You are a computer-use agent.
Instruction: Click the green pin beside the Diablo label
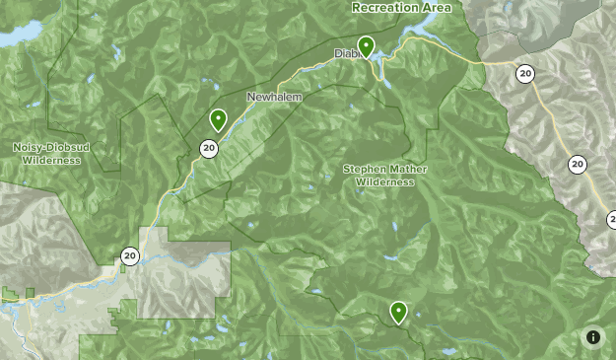tap(366, 45)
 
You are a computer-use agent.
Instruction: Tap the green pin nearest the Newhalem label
tap(218, 119)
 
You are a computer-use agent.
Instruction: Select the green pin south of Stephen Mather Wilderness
tap(398, 312)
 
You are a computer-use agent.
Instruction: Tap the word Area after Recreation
tap(435, 8)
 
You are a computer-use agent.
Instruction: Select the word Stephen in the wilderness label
tap(363, 169)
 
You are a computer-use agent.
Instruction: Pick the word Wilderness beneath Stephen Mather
tap(382, 181)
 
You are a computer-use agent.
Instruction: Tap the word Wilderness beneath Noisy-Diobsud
tap(50, 158)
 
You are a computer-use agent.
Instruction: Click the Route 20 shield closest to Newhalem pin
tap(208, 149)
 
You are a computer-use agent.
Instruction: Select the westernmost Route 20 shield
tap(129, 256)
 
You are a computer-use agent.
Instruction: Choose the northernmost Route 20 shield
tap(525, 73)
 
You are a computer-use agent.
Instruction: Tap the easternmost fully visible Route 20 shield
tap(578, 165)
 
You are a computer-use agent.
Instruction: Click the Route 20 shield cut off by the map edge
tap(611, 219)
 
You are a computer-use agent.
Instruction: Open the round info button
tap(593, 337)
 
